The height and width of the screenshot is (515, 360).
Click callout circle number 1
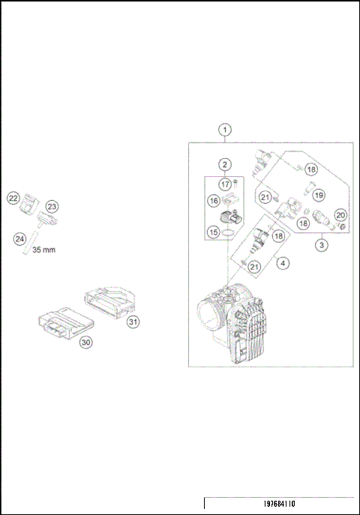[226, 129]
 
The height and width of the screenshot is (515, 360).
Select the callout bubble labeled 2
[224, 164]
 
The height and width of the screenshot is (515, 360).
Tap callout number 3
[320, 244]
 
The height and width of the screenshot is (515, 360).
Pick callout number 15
[214, 232]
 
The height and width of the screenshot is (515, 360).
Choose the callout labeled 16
[214, 201]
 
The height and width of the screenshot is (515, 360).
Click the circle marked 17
[224, 184]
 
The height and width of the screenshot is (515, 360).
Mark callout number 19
[319, 195]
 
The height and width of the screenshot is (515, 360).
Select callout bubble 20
[340, 215]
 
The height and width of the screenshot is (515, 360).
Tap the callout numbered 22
[13, 198]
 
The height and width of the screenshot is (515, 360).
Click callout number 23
[52, 206]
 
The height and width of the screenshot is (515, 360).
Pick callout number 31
[133, 322]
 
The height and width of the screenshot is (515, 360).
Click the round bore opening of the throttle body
[208, 313]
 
